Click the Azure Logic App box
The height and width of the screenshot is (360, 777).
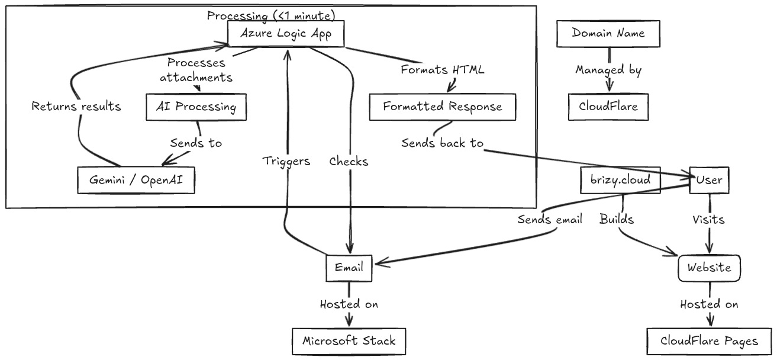286,34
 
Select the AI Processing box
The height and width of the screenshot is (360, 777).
196,107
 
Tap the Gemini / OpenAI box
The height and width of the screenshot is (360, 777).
136,180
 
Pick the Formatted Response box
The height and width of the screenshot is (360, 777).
442,107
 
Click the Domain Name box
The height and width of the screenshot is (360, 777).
608,34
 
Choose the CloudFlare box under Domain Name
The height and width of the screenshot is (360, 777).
608,107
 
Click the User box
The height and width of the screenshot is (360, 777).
709,180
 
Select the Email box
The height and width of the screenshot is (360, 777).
349,268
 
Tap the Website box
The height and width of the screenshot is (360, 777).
709,268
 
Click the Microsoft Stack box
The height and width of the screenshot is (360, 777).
349,340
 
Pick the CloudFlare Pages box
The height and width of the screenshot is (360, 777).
709,341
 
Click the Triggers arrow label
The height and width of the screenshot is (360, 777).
286,161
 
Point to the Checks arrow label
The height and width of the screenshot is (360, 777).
349,161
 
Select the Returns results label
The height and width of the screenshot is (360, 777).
76,107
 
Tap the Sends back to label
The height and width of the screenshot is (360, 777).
442,143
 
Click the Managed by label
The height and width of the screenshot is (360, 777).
608,70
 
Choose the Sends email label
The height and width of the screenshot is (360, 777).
549,220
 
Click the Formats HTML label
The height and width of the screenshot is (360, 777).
442,70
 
